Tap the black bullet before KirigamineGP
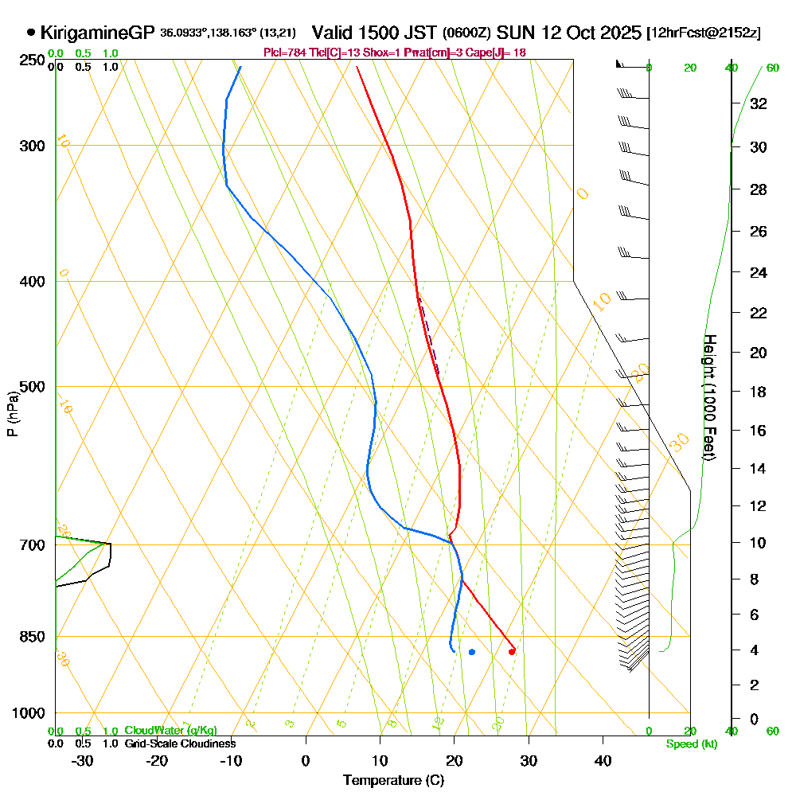coord(31,33)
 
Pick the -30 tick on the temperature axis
coord(83,760)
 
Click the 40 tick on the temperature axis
coord(603,760)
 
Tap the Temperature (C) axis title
coord(393,780)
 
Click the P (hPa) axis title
coord(12,413)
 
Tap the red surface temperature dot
coord(512,652)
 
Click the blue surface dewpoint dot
coord(472,652)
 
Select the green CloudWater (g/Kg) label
coord(170,731)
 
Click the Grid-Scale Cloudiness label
coord(179,743)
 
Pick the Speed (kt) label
coord(689,744)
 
